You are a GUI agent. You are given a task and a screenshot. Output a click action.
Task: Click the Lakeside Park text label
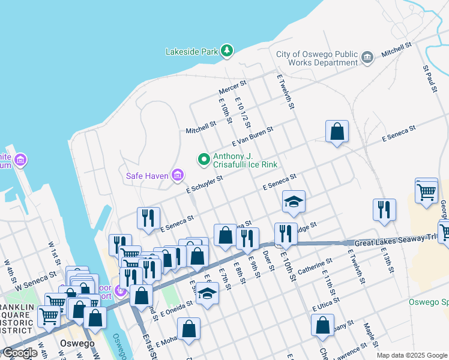[191, 52]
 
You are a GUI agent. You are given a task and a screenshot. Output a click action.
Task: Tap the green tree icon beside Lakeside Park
[227, 51]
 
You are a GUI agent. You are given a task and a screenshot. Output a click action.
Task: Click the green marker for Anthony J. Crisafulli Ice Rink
[204, 160]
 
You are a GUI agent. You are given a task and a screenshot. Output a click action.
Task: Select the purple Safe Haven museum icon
[178, 176]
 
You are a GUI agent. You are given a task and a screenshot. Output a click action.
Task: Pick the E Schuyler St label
[204, 184]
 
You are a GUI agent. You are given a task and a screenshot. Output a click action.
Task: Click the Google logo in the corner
[19, 353]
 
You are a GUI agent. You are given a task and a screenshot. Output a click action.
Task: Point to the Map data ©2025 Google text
[412, 355]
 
